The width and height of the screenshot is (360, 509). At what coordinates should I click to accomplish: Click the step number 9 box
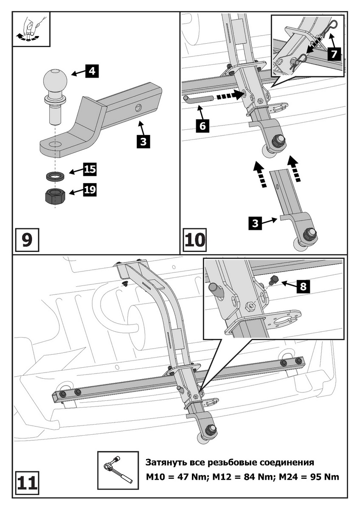coord(26,239)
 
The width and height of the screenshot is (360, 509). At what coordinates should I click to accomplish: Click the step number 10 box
coord(194,239)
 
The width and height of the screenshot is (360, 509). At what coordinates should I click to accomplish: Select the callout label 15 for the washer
coord(89,170)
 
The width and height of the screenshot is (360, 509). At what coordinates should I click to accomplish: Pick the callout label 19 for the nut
coord(89,190)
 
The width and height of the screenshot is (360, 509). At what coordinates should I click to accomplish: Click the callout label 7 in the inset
coord(335,54)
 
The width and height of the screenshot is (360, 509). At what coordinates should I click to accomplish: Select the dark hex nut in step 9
coord(54,196)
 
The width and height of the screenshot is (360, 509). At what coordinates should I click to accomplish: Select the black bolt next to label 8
coord(274,279)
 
